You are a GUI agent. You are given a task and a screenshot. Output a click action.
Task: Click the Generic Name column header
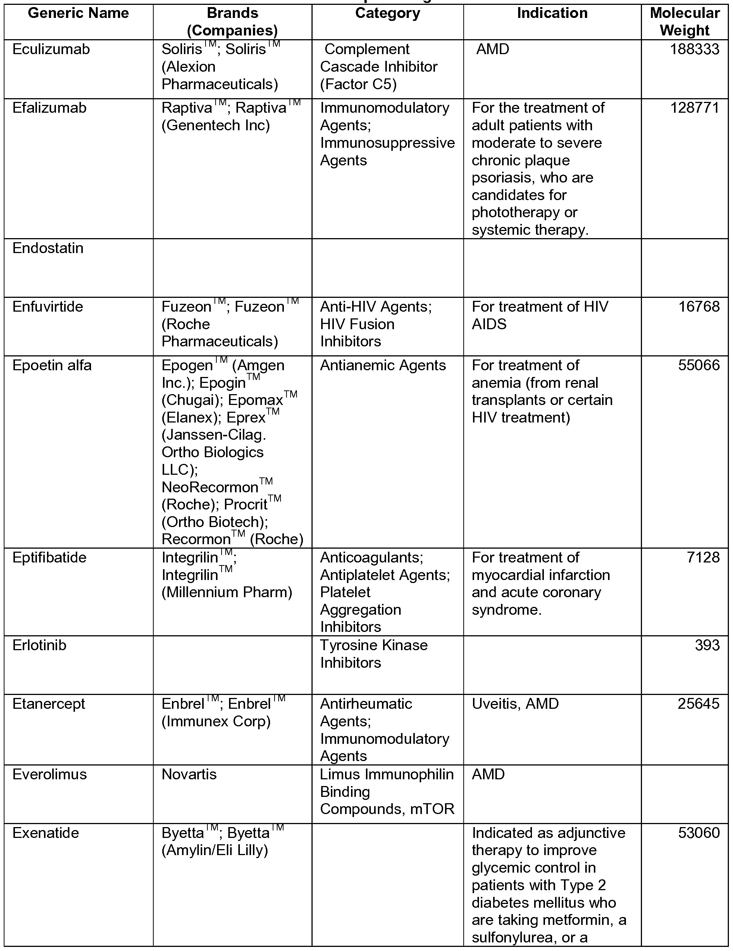[x=78, y=13]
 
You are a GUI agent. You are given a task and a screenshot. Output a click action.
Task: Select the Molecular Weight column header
[x=685, y=22]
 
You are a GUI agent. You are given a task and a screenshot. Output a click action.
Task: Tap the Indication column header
[x=552, y=13]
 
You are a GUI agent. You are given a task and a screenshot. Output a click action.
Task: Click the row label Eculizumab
[x=51, y=49]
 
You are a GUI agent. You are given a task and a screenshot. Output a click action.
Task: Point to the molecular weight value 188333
[x=694, y=49]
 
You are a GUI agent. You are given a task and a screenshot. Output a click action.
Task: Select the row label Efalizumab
[x=49, y=107]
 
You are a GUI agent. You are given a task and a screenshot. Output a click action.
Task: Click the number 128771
[x=694, y=107]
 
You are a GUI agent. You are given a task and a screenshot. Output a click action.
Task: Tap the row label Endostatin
[x=48, y=248]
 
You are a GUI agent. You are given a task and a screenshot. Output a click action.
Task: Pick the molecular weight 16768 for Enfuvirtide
[x=699, y=306]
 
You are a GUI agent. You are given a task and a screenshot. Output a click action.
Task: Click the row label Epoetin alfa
[x=52, y=365]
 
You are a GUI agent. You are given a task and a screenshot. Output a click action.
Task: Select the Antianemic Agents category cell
[x=383, y=365]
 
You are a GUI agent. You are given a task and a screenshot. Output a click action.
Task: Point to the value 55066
[x=699, y=365]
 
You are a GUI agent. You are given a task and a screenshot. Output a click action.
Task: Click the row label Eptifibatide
[x=49, y=557]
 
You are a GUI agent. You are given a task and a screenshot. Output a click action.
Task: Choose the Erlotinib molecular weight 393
[x=707, y=645]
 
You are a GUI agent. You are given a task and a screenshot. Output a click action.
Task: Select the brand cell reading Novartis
[x=189, y=774]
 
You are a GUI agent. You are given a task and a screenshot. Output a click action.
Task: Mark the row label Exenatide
[x=46, y=833]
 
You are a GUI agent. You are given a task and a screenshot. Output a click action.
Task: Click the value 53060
[x=699, y=833]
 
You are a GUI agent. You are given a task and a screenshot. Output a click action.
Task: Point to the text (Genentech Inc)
[x=216, y=125]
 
